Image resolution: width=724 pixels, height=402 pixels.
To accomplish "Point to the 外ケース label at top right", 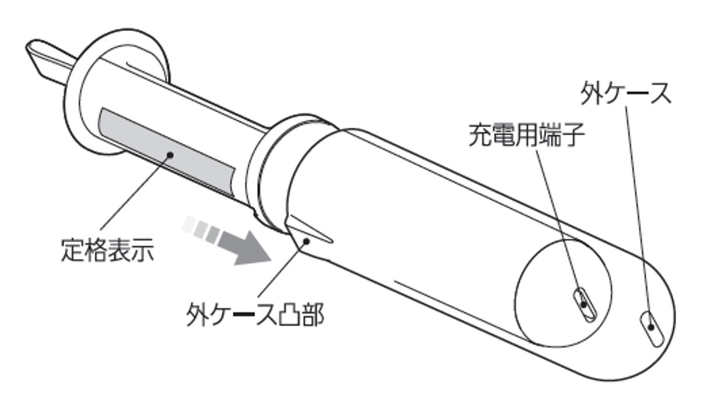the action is click(x=625, y=93).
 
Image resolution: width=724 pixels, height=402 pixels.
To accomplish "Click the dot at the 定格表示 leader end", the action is click(x=172, y=155).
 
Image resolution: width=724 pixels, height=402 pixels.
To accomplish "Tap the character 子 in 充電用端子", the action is click(x=573, y=134).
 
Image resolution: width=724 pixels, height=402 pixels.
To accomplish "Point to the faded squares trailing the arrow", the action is click(x=201, y=229).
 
